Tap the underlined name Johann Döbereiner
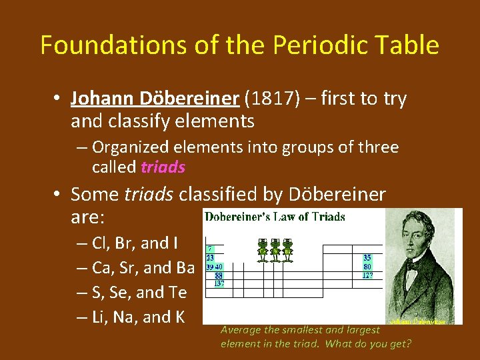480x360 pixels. click(x=155, y=99)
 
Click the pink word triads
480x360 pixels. click(x=163, y=167)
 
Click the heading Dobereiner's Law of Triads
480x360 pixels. click(x=275, y=217)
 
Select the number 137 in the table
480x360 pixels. click(x=219, y=283)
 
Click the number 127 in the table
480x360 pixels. click(x=367, y=275)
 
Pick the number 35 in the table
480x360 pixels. click(x=367, y=257)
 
